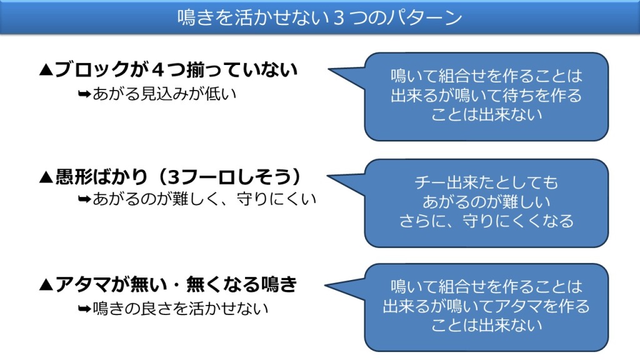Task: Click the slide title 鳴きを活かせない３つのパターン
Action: [x=319, y=17]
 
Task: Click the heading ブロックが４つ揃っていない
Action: [x=176, y=70]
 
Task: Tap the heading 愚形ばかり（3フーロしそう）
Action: [x=178, y=177]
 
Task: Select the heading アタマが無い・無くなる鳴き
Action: [x=176, y=284]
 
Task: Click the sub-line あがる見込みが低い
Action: [x=164, y=94]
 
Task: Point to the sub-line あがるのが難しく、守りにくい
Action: [x=204, y=199]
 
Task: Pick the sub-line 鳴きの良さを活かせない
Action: [x=181, y=308]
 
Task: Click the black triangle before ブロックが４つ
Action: [x=46, y=70]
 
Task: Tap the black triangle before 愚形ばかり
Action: [x=46, y=177]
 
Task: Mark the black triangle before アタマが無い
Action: [x=46, y=284]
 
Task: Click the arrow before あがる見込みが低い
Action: [x=84, y=94]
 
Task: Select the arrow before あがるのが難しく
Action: [x=84, y=199]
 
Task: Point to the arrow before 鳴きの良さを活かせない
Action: [x=84, y=309]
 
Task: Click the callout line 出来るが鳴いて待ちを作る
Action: [x=486, y=96]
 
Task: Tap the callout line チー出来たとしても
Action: [x=486, y=182]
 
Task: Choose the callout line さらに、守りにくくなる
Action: [x=486, y=221]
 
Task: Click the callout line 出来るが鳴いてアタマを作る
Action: [x=486, y=306]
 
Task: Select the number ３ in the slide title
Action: [x=339, y=18]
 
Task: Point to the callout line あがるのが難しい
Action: [x=486, y=202]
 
